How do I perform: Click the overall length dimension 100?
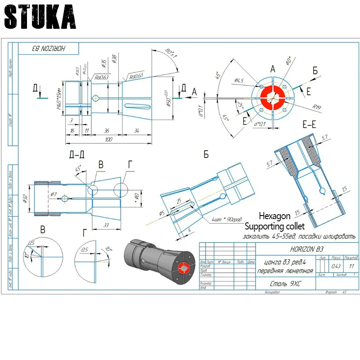click(x=108, y=140)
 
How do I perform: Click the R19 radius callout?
click(x=318, y=108)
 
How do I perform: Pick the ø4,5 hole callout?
click(x=239, y=81)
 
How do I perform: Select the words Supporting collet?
click(x=274, y=225)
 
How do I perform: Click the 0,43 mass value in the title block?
click(x=335, y=266)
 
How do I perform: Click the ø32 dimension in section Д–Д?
click(x=26, y=198)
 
